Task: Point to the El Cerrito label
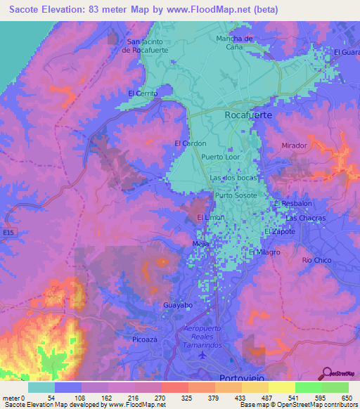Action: (142, 93)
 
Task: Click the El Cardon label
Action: (190, 143)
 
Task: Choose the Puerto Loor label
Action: (220, 157)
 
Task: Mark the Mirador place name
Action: (295, 145)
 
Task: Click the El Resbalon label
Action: (292, 204)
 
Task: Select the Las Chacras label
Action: (306, 218)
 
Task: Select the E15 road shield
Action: (8, 231)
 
